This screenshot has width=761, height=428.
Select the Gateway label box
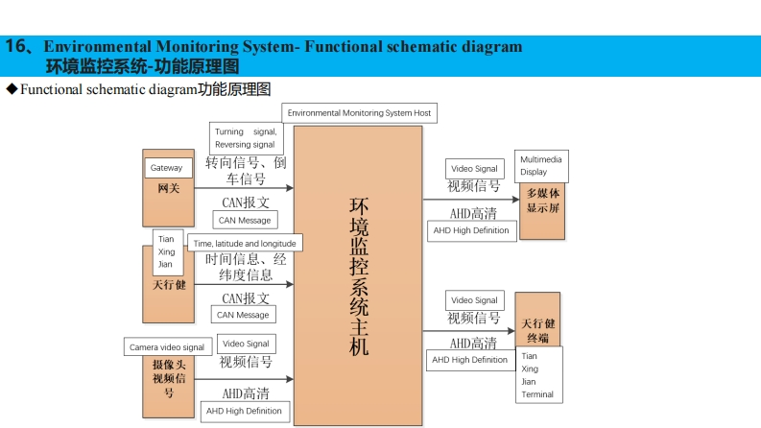tap(166, 168)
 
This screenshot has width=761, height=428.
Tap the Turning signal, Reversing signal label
tap(246, 138)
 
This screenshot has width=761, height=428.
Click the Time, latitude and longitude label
tap(245, 244)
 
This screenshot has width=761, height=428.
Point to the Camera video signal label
tap(167, 347)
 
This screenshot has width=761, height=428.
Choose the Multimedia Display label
tap(541, 165)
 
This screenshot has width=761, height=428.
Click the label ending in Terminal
tap(537, 375)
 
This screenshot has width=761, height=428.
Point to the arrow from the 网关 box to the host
tap(244, 188)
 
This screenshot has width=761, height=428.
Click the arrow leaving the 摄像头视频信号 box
tap(244, 380)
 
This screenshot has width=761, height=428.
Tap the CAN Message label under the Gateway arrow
tap(244, 221)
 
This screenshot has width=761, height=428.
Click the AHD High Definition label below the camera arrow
tap(245, 411)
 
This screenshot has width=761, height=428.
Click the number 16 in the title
tap(17, 46)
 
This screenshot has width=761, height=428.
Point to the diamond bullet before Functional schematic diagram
tap(12, 89)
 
